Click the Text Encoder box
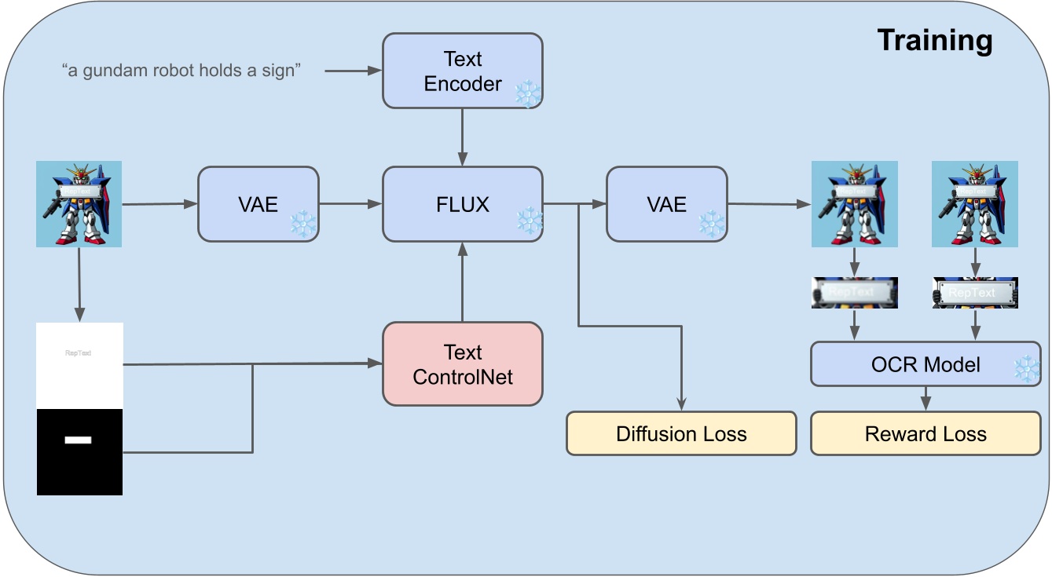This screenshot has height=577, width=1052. (x=462, y=71)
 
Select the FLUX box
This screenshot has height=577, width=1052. (x=462, y=204)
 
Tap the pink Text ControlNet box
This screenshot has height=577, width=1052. (x=462, y=364)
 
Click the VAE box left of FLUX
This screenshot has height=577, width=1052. (x=258, y=204)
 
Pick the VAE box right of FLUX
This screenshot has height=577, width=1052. (x=666, y=204)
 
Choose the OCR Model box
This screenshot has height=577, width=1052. (x=926, y=364)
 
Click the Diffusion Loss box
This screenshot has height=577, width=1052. (x=681, y=433)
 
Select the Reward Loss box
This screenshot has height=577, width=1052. (x=926, y=433)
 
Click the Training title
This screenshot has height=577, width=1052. (x=934, y=40)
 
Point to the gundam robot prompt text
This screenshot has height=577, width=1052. (x=181, y=71)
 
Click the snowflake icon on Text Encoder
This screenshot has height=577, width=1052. (x=527, y=94)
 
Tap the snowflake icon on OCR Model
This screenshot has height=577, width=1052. (x=1026, y=369)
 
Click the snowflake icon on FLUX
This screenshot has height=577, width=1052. (x=529, y=223)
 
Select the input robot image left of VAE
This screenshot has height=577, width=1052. (x=79, y=204)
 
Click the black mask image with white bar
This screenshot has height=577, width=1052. (x=79, y=452)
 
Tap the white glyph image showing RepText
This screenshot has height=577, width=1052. (x=79, y=365)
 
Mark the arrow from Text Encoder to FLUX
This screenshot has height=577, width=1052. (x=462, y=137)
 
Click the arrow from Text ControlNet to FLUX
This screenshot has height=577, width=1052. (x=462, y=282)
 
